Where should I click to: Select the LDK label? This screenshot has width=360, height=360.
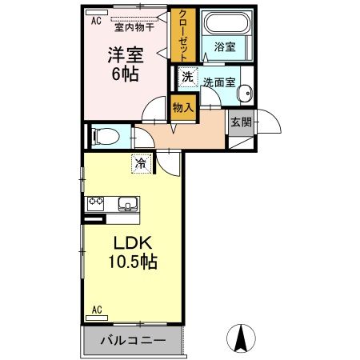click(x=127, y=242)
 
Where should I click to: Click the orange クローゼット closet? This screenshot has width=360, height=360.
click(x=182, y=37)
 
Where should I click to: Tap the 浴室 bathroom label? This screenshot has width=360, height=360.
click(x=224, y=47)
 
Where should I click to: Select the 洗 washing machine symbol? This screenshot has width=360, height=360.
click(x=186, y=78)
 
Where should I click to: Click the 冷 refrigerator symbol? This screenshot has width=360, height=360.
click(x=141, y=164)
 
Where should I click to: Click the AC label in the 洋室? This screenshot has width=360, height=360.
click(x=96, y=22)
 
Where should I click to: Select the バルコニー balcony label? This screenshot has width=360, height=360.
click(x=133, y=341)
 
